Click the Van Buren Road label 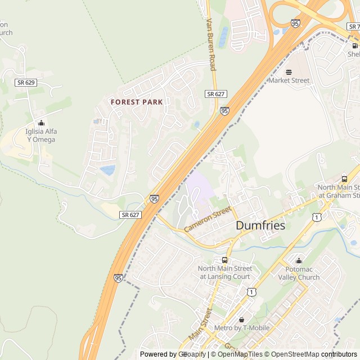point(211,44)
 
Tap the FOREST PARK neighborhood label point(137,102)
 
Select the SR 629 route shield point(26,83)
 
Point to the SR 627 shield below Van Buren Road point(215,94)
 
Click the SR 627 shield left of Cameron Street point(130,215)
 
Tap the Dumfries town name point(260,226)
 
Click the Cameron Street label point(208,219)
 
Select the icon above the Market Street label point(289,71)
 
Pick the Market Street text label point(289,80)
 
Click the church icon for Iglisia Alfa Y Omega point(41,123)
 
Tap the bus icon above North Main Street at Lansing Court point(224,260)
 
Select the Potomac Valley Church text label point(299,273)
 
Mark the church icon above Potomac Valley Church point(299,260)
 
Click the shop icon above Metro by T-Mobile point(242,319)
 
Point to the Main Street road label point(201,323)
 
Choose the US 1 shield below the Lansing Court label point(251,291)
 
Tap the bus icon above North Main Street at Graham point(344,179)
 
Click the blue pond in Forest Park point(107,170)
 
